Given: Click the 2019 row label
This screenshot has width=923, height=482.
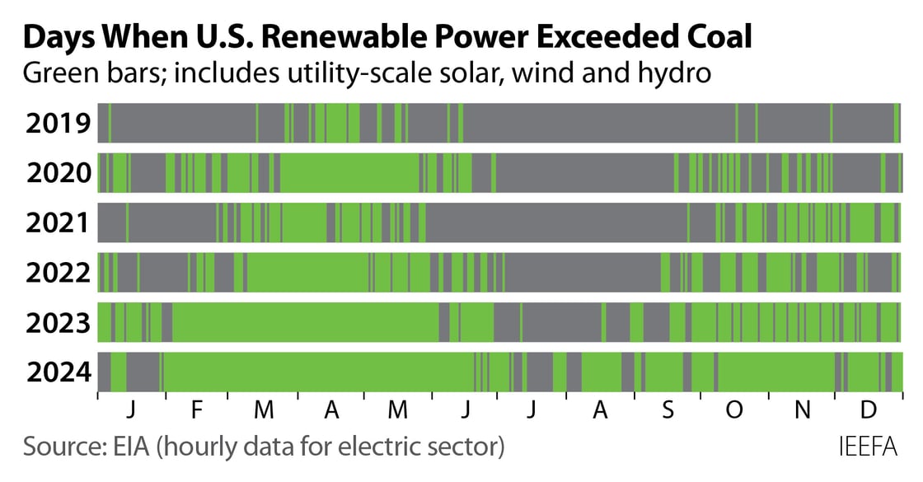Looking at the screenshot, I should [x=58, y=124].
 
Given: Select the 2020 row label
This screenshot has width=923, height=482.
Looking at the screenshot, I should [x=58, y=173].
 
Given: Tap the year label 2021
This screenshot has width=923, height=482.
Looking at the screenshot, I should [x=58, y=223].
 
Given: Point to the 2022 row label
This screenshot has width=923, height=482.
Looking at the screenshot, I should [x=58, y=273].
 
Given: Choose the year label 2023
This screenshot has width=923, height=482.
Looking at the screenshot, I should [x=58, y=323].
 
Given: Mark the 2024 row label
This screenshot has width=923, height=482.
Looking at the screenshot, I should [x=58, y=372].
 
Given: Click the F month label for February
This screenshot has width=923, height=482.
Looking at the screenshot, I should [x=195, y=410].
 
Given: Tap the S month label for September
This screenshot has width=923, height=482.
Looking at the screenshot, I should [x=668, y=410].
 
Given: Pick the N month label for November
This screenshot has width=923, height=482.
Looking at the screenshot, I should [x=802, y=410].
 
